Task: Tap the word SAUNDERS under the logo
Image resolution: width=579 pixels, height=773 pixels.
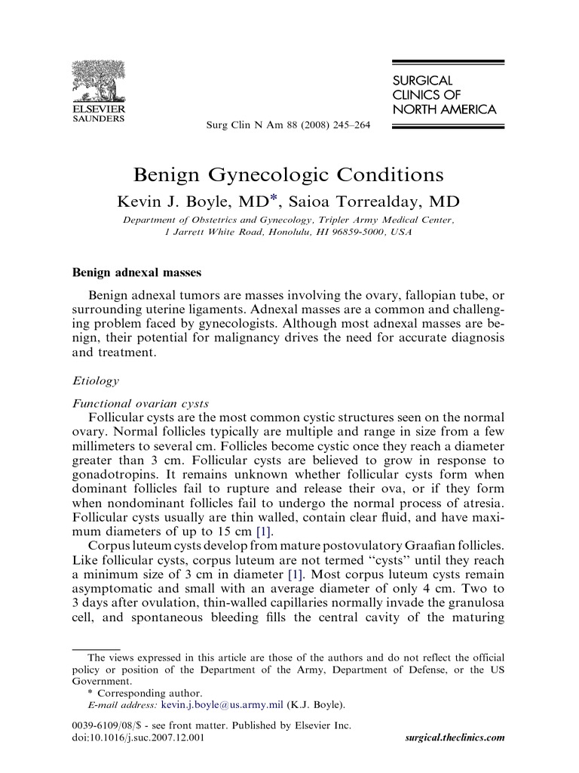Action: (98, 118)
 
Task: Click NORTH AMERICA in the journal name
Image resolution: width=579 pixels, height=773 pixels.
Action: (443, 109)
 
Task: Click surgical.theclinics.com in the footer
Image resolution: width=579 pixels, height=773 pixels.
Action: (455, 738)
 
